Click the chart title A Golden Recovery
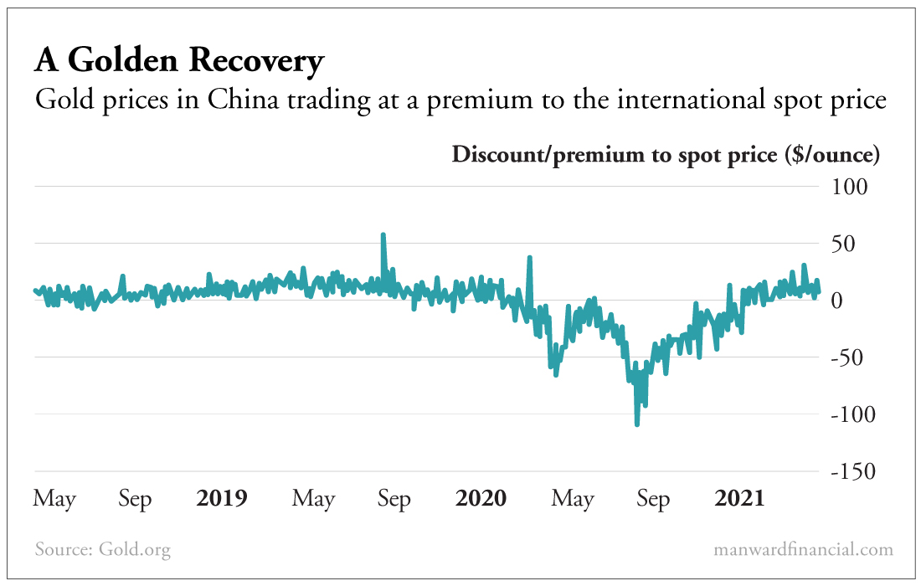[178, 61]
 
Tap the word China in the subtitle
[239, 101]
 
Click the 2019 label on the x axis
[221, 499]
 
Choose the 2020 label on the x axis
[481, 499]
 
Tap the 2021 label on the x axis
[739, 499]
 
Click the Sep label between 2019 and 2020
[394, 500]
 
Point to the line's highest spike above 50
[383, 235]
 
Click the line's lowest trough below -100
[637, 424]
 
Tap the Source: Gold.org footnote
[103, 550]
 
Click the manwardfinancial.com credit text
[803, 550]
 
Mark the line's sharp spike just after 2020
[529, 258]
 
